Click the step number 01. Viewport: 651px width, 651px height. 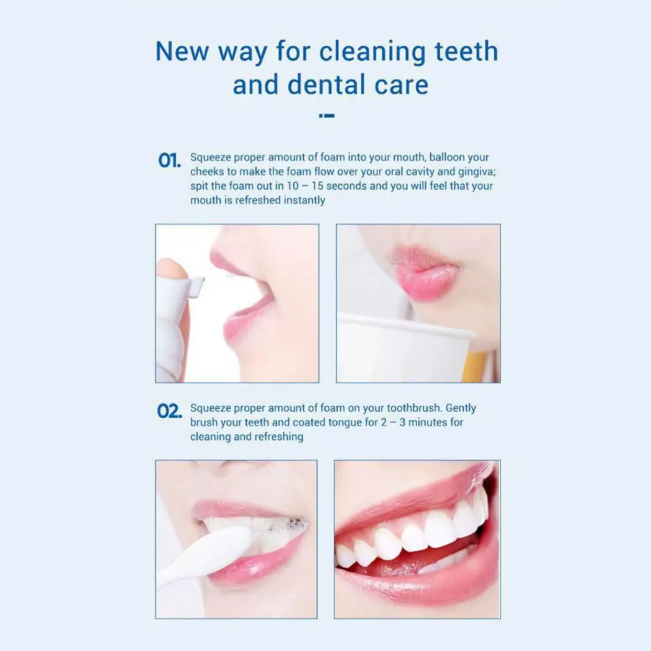(x=169, y=161)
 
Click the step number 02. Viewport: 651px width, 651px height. (x=169, y=412)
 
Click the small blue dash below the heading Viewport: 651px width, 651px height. (x=327, y=116)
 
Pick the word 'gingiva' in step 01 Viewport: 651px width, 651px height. (x=474, y=172)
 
